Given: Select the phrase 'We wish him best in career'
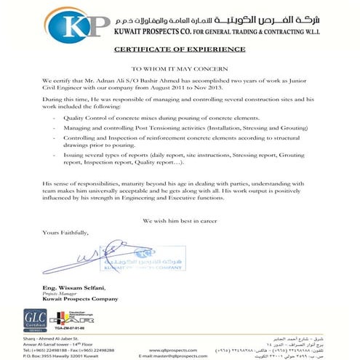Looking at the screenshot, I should coord(180,219).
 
